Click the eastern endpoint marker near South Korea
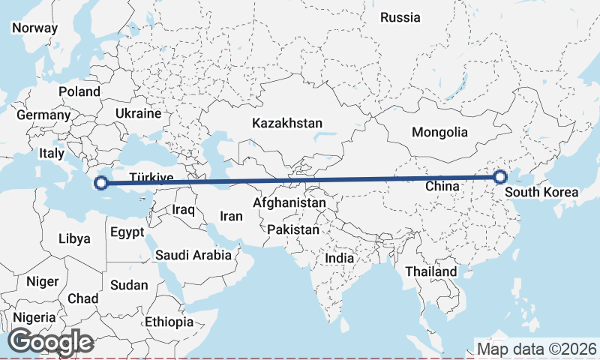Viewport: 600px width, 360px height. (x=500, y=177)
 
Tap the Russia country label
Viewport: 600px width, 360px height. (x=400, y=17)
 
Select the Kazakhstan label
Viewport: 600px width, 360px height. (x=287, y=123)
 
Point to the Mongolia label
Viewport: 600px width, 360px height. (x=439, y=133)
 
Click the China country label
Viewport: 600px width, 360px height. (x=442, y=185)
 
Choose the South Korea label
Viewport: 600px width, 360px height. (x=541, y=192)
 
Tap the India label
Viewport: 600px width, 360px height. (x=340, y=258)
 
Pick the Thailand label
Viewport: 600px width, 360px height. (x=431, y=271)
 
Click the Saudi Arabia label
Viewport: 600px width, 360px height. (x=193, y=255)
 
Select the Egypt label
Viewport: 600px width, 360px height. (x=127, y=232)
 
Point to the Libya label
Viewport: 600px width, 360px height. (x=74, y=239)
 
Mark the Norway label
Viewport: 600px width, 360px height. (x=34, y=28)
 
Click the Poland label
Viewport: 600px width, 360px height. (x=79, y=91)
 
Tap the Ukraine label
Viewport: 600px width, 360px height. (x=138, y=113)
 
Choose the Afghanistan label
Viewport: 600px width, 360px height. (x=289, y=202)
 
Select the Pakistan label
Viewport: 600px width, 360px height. (x=292, y=229)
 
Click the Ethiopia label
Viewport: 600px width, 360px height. (x=169, y=322)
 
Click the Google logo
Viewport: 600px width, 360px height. (x=50, y=342)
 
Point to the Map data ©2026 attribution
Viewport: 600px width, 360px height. (x=537, y=349)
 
